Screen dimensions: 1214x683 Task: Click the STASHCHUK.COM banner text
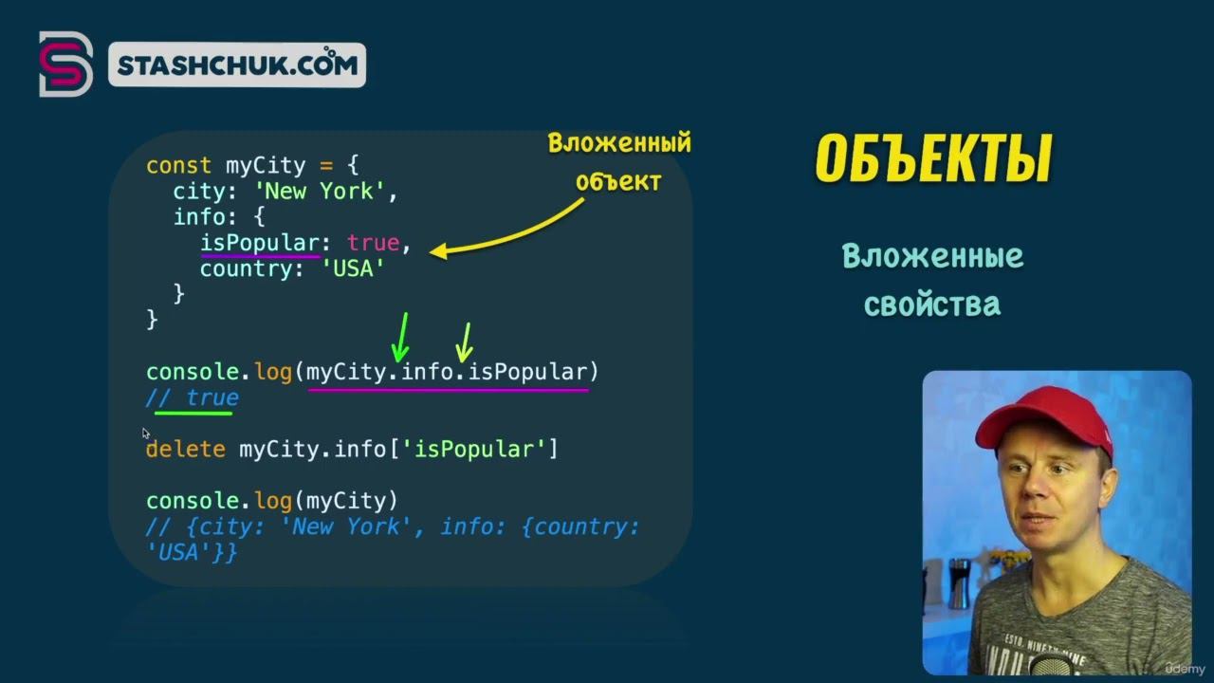coord(237,65)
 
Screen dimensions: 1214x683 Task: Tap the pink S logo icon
coord(65,64)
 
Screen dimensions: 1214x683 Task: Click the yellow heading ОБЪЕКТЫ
coord(933,157)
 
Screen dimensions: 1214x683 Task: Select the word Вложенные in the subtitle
coord(932,256)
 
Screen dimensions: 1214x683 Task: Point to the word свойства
coord(932,305)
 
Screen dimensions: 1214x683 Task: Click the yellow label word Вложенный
coord(619,143)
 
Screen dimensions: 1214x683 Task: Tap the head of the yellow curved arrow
coord(438,251)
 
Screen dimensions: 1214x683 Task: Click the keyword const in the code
coord(178,165)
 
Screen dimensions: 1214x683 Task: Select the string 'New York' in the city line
coord(320,192)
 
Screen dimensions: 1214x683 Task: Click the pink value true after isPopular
coord(374,243)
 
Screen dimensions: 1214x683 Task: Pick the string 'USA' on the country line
coord(353,268)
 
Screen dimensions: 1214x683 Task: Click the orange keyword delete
coord(186,450)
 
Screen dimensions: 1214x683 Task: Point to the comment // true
coord(193,397)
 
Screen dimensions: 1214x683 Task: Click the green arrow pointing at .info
coord(400,337)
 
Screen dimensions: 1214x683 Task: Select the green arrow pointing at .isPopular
coord(465,342)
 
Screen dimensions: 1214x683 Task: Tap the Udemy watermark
coord(1185,670)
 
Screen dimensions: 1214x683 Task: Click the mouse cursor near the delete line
coord(146,434)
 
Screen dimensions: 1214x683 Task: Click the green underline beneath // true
coord(193,414)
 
